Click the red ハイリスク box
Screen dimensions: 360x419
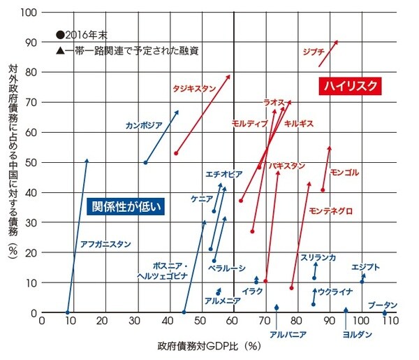(351, 85)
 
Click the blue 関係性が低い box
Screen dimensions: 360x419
(127, 206)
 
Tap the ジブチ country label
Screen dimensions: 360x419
(314, 51)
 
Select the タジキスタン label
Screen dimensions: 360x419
(193, 88)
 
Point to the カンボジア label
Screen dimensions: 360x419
(144, 126)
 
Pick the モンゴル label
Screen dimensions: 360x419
(344, 172)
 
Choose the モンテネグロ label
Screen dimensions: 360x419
(330, 210)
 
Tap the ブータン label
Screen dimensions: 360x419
(382, 305)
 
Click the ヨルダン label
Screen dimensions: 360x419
(357, 334)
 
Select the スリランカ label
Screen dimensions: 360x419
(318, 258)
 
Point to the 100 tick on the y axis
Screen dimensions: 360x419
(30, 13)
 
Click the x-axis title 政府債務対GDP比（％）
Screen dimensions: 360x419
(209, 345)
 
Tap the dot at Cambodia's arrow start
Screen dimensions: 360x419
(145, 162)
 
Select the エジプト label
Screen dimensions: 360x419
(366, 267)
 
